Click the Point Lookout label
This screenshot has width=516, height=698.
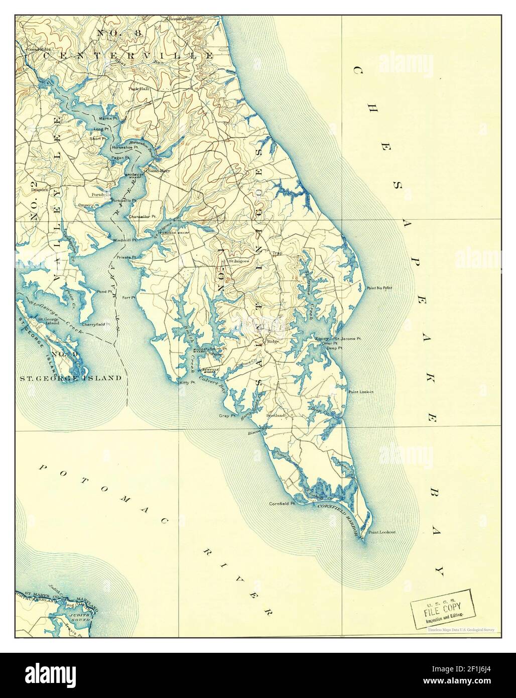click(381, 532)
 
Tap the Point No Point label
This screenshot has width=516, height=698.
click(379, 288)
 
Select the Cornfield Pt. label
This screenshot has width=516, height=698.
click(282, 503)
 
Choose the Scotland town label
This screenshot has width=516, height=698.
click(276, 416)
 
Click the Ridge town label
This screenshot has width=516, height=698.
click(273, 341)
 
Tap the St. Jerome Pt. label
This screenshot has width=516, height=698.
click(348, 338)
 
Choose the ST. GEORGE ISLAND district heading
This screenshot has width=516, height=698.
click(70, 378)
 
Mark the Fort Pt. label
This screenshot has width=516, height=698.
click(130, 298)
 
